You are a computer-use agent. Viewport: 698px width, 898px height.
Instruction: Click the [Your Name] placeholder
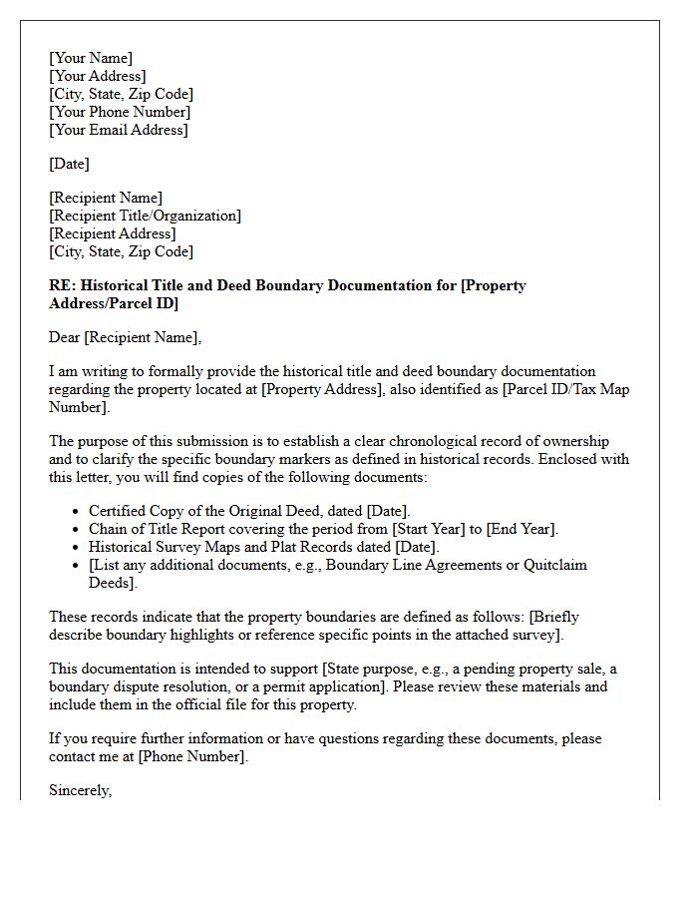[x=91, y=58]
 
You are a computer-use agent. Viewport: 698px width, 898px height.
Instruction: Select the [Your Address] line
[x=98, y=76]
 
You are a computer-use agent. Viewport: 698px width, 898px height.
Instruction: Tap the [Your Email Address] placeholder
[x=119, y=130]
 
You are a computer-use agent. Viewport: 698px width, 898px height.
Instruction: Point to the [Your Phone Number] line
[x=120, y=112]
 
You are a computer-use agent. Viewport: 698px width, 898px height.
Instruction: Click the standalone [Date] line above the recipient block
[x=69, y=164]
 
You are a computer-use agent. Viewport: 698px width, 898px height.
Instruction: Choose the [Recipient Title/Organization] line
[x=146, y=216]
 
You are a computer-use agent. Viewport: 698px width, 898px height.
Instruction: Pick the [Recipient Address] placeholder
[x=113, y=233]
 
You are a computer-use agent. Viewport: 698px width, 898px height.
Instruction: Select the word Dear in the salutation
[x=66, y=337]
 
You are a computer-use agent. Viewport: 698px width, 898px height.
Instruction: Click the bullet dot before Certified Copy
[x=77, y=512]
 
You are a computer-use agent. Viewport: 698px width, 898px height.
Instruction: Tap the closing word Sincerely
[x=81, y=790]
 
